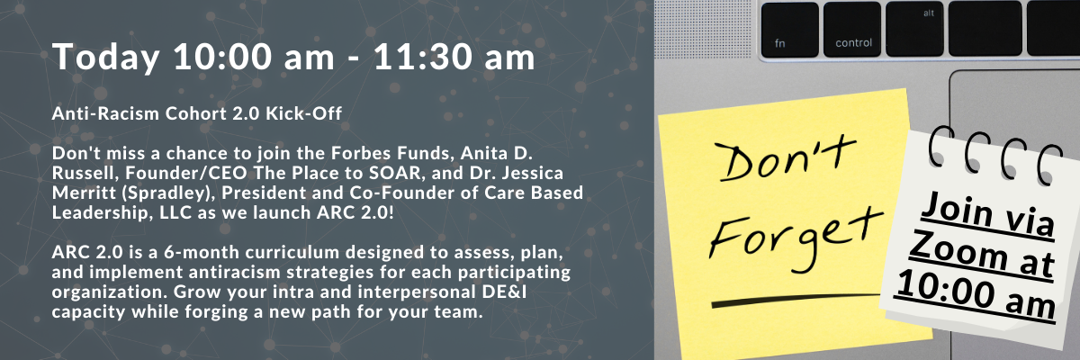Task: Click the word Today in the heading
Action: pos(105,58)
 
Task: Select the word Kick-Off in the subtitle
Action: pos(304,113)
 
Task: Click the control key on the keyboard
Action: pos(852,30)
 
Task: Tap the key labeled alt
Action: pos(914,30)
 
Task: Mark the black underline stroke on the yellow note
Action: pos(796,300)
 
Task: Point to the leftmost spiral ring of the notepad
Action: pos(940,146)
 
